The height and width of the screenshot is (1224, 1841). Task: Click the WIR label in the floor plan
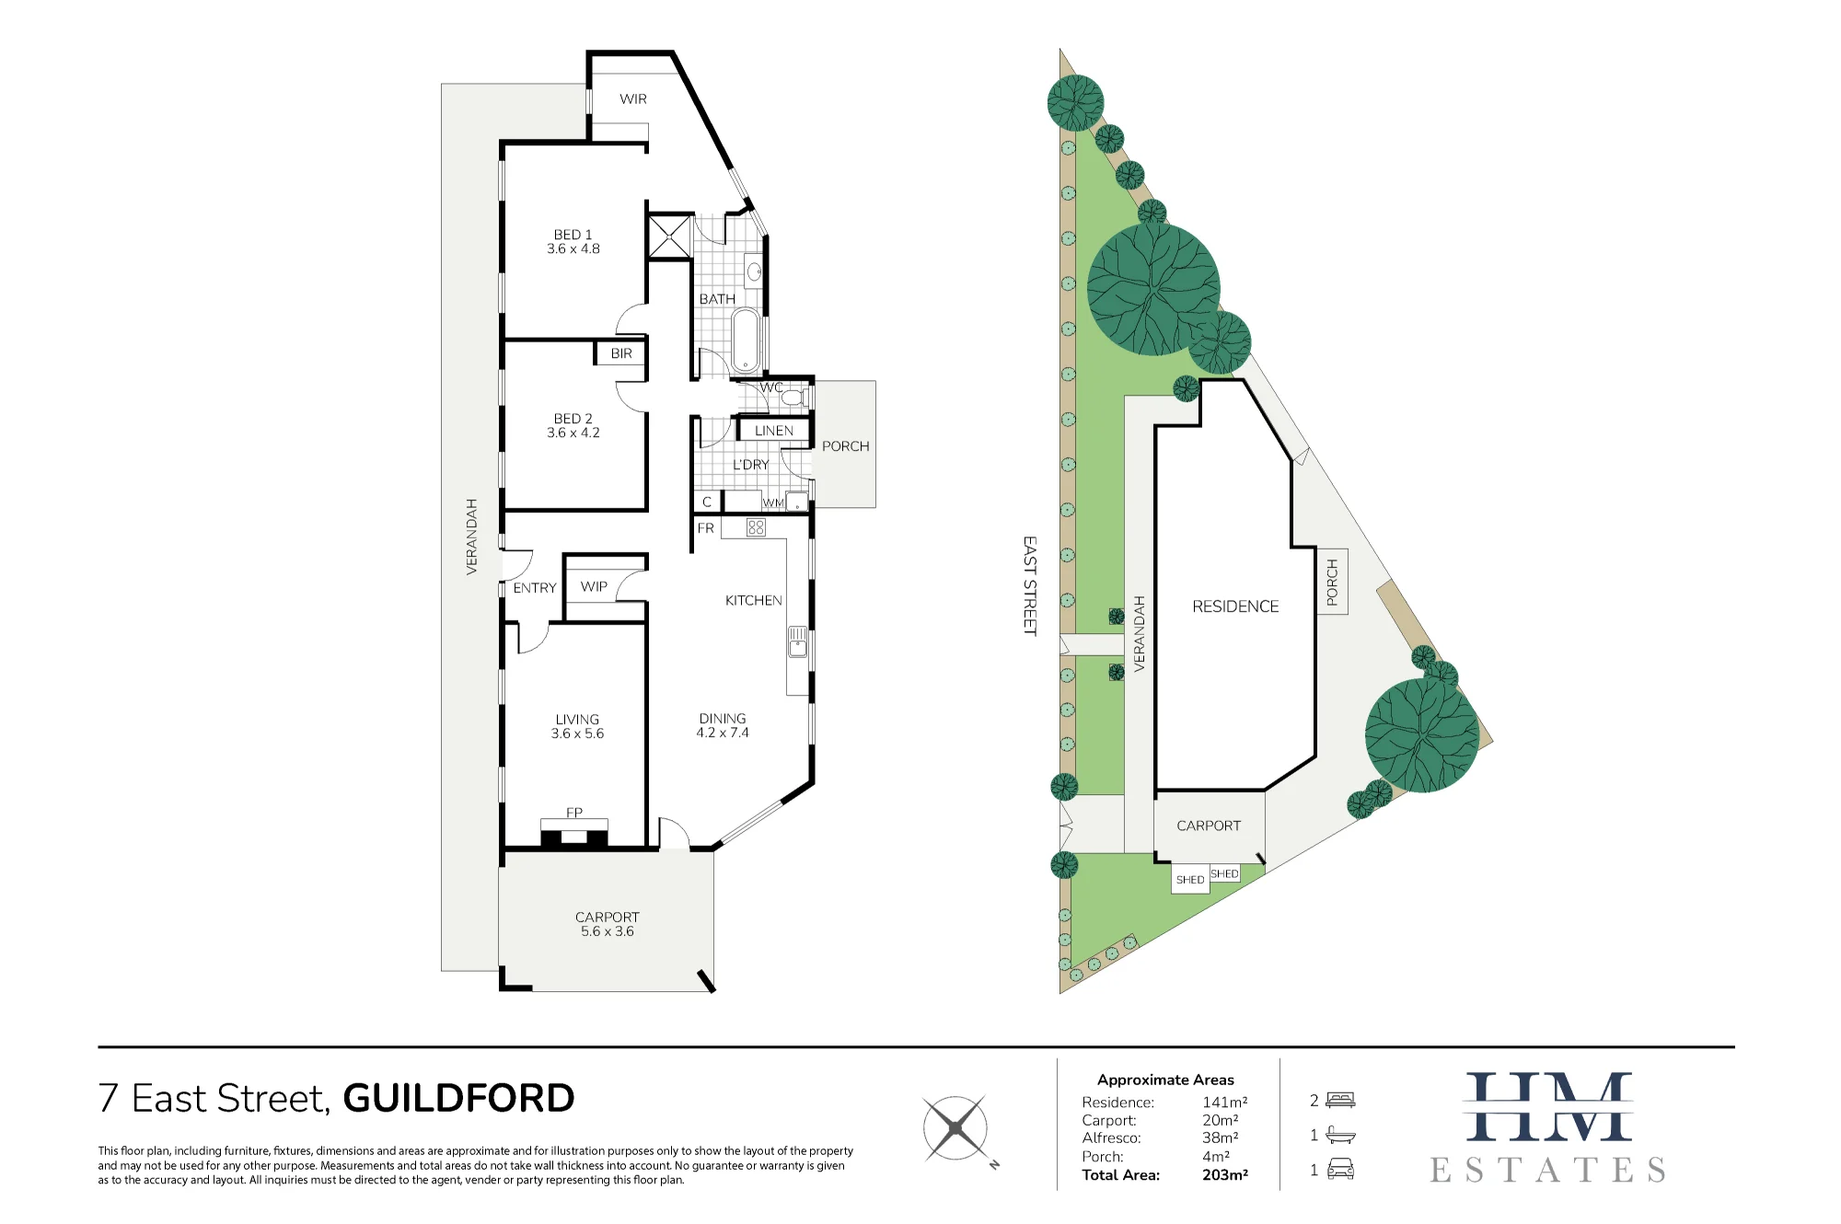(633, 98)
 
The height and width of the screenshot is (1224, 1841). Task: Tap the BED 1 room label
(573, 241)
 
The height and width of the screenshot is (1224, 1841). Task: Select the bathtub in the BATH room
(746, 339)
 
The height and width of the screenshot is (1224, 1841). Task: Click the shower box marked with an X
(670, 237)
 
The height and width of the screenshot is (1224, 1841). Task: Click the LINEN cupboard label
(774, 431)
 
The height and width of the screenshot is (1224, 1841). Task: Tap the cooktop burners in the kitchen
(757, 527)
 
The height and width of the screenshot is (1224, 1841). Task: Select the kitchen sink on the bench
(798, 641)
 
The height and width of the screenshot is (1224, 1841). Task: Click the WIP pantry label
(594, 586)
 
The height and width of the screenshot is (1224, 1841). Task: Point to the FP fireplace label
(574, 813)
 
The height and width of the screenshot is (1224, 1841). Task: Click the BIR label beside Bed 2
(621, 353)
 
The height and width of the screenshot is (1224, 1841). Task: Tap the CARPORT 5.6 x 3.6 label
(608, 924)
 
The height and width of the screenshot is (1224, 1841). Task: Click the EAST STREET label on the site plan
(1030, 585)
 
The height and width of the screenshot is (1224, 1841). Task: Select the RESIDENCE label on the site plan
(1235, 606)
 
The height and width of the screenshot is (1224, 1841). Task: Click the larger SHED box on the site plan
(1190, 879)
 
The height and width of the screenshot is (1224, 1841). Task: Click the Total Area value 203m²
(1225, 1175)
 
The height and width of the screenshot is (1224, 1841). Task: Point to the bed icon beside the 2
(1340, 1100)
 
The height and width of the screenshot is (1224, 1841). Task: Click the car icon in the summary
(1340, 1170)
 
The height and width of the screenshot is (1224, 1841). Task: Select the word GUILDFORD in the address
(458, 1098)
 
